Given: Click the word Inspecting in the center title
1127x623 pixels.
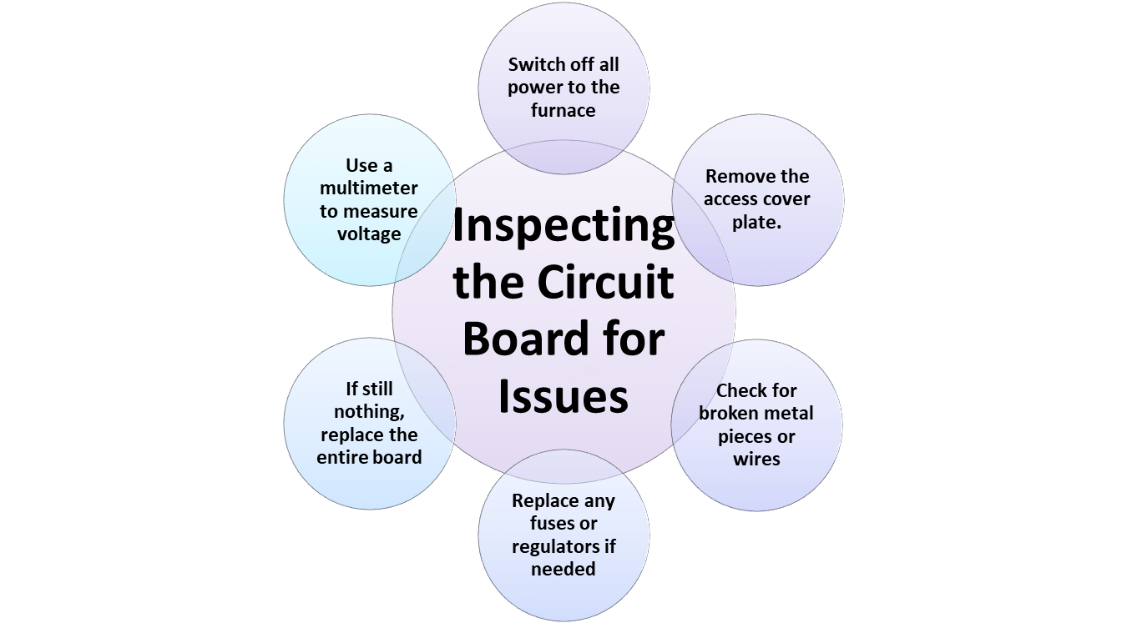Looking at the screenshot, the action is click(563, 226).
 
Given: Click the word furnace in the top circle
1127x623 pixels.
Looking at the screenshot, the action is click(563, 110).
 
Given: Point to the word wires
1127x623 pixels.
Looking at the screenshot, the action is click(756, 459).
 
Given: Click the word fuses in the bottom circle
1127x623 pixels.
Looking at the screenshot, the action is click(553, 524).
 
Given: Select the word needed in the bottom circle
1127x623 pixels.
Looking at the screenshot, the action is click(563, 569).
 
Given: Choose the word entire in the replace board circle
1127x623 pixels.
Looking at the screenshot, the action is click(346, 457).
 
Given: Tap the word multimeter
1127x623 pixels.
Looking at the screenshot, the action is click(369, 188).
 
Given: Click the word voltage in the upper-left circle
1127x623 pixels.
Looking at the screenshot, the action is click(369, 234).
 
